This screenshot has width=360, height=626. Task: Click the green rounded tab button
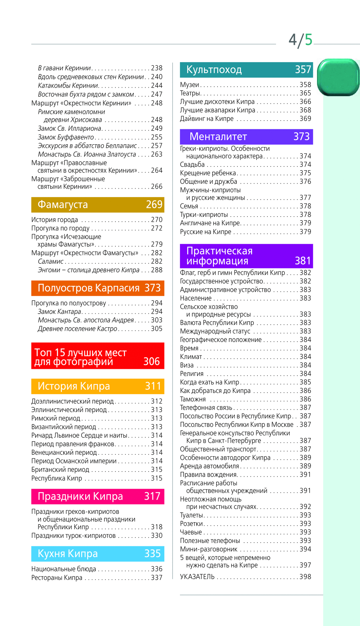(x=338, y=77)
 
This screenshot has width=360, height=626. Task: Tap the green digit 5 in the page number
(x=309, y=40)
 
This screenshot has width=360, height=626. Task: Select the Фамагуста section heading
(x=63, y=205)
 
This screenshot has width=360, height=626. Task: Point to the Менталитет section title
(x=218, y=137)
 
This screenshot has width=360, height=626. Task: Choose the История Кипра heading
(x=74, y=386)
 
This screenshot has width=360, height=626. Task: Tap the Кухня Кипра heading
(x=68, y=553)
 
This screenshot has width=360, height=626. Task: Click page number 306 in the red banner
(x=151, y=361)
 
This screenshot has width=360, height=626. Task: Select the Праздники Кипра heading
(x=80, y=496)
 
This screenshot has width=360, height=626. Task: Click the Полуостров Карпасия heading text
(x=88, y=288)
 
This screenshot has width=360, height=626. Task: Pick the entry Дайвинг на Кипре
(x=207, y=119)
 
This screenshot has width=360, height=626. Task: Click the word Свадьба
(x=192, y=165)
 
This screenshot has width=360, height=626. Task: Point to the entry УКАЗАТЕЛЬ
(x=197, y=577)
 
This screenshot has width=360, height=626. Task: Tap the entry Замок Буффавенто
(x=66, y=137)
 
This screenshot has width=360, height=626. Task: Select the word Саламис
(x=51, y=262)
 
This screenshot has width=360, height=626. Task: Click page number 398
(x=305, y=577)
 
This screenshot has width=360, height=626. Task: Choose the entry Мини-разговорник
(x=209, y=549)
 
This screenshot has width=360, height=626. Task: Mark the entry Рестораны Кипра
(x=57, y=578)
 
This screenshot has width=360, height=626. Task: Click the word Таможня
(x=193, y=399)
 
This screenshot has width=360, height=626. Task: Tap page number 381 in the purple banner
(x=303, y=261)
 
